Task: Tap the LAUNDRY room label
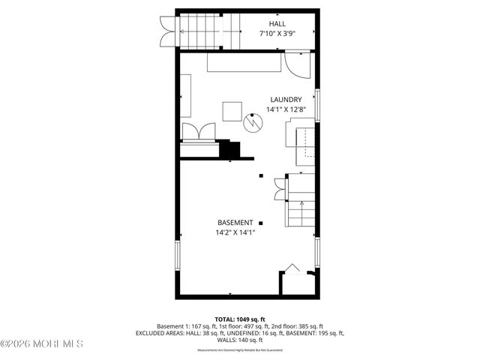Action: tap(286, 99)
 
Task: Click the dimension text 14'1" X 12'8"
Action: tap(286, 109)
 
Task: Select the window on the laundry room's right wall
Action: tap(317, 105)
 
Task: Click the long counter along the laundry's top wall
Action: tap(244, 65)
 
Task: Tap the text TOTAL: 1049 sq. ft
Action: tap(239, 319)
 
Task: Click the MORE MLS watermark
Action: tap(43, 344)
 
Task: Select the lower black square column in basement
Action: tap(260, 223)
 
